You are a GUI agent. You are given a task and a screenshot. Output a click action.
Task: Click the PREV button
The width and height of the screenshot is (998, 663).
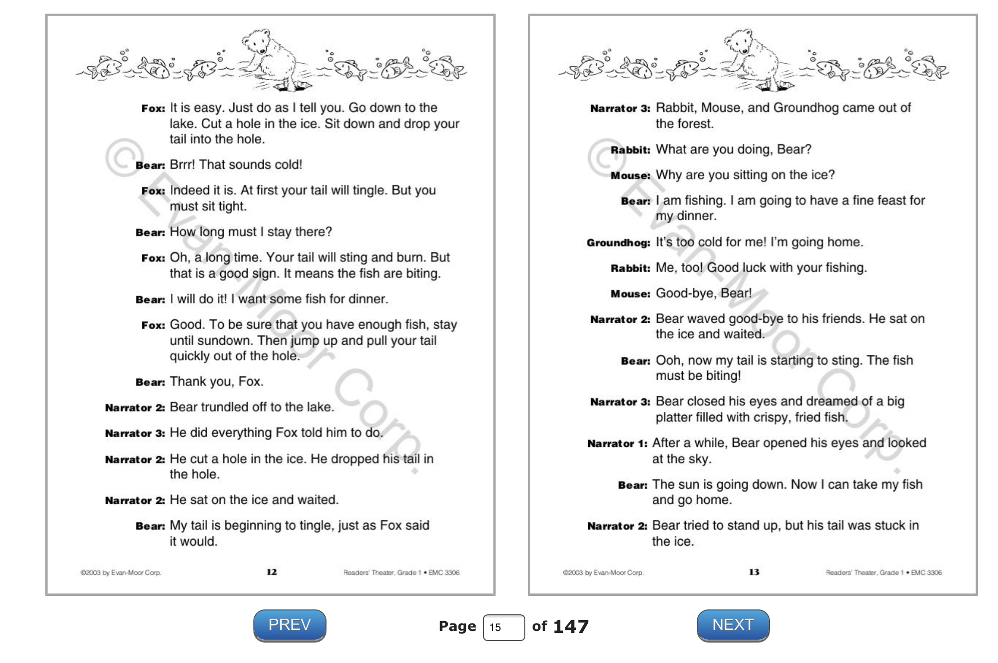click(289, 625)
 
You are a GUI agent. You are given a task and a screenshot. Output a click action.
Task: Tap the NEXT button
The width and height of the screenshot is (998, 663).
click(733, 625)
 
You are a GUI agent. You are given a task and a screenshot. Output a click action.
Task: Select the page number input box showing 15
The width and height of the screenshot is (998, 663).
click(503, 627)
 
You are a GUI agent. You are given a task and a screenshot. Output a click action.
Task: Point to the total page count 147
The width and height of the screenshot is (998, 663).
click(571, 626)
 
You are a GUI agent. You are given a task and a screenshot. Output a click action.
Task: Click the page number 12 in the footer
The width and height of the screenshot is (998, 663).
click(271, 572)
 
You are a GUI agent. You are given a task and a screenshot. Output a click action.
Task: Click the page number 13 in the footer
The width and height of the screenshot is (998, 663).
click(754, 572)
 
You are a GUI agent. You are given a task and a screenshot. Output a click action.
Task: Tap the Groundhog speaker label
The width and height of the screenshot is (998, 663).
click(618, 242)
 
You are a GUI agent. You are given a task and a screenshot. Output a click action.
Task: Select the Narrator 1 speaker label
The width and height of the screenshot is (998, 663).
click(617, 443)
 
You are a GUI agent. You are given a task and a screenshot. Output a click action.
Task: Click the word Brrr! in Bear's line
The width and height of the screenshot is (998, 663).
click(182, 165)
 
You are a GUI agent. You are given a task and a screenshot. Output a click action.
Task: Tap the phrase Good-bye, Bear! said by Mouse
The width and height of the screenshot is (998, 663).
click(703, 293)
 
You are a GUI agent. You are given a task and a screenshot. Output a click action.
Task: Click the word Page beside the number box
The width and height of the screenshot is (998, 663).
click(457, 626)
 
